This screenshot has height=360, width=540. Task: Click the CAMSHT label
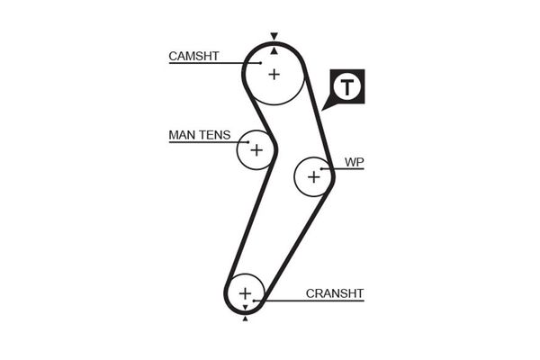[x=193, y=56]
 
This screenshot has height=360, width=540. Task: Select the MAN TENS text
[x=199, y=136]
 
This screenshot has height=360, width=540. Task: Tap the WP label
[x=354, y=163]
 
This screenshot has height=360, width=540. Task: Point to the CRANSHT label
[x=335, y=292]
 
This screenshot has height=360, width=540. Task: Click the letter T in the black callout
[x=347, y=88]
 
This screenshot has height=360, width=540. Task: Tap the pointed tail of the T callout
[x=326, y=108]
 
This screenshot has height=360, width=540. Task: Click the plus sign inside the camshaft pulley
[x=274, y=73]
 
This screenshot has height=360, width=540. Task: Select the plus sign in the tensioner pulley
[x=256, y=149]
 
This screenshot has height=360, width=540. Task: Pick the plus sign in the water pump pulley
[x=313, y=176]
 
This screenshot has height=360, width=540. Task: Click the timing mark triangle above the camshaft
[x=274, y=37]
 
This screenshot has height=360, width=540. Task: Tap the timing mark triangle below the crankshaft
[x=245, y=317]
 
